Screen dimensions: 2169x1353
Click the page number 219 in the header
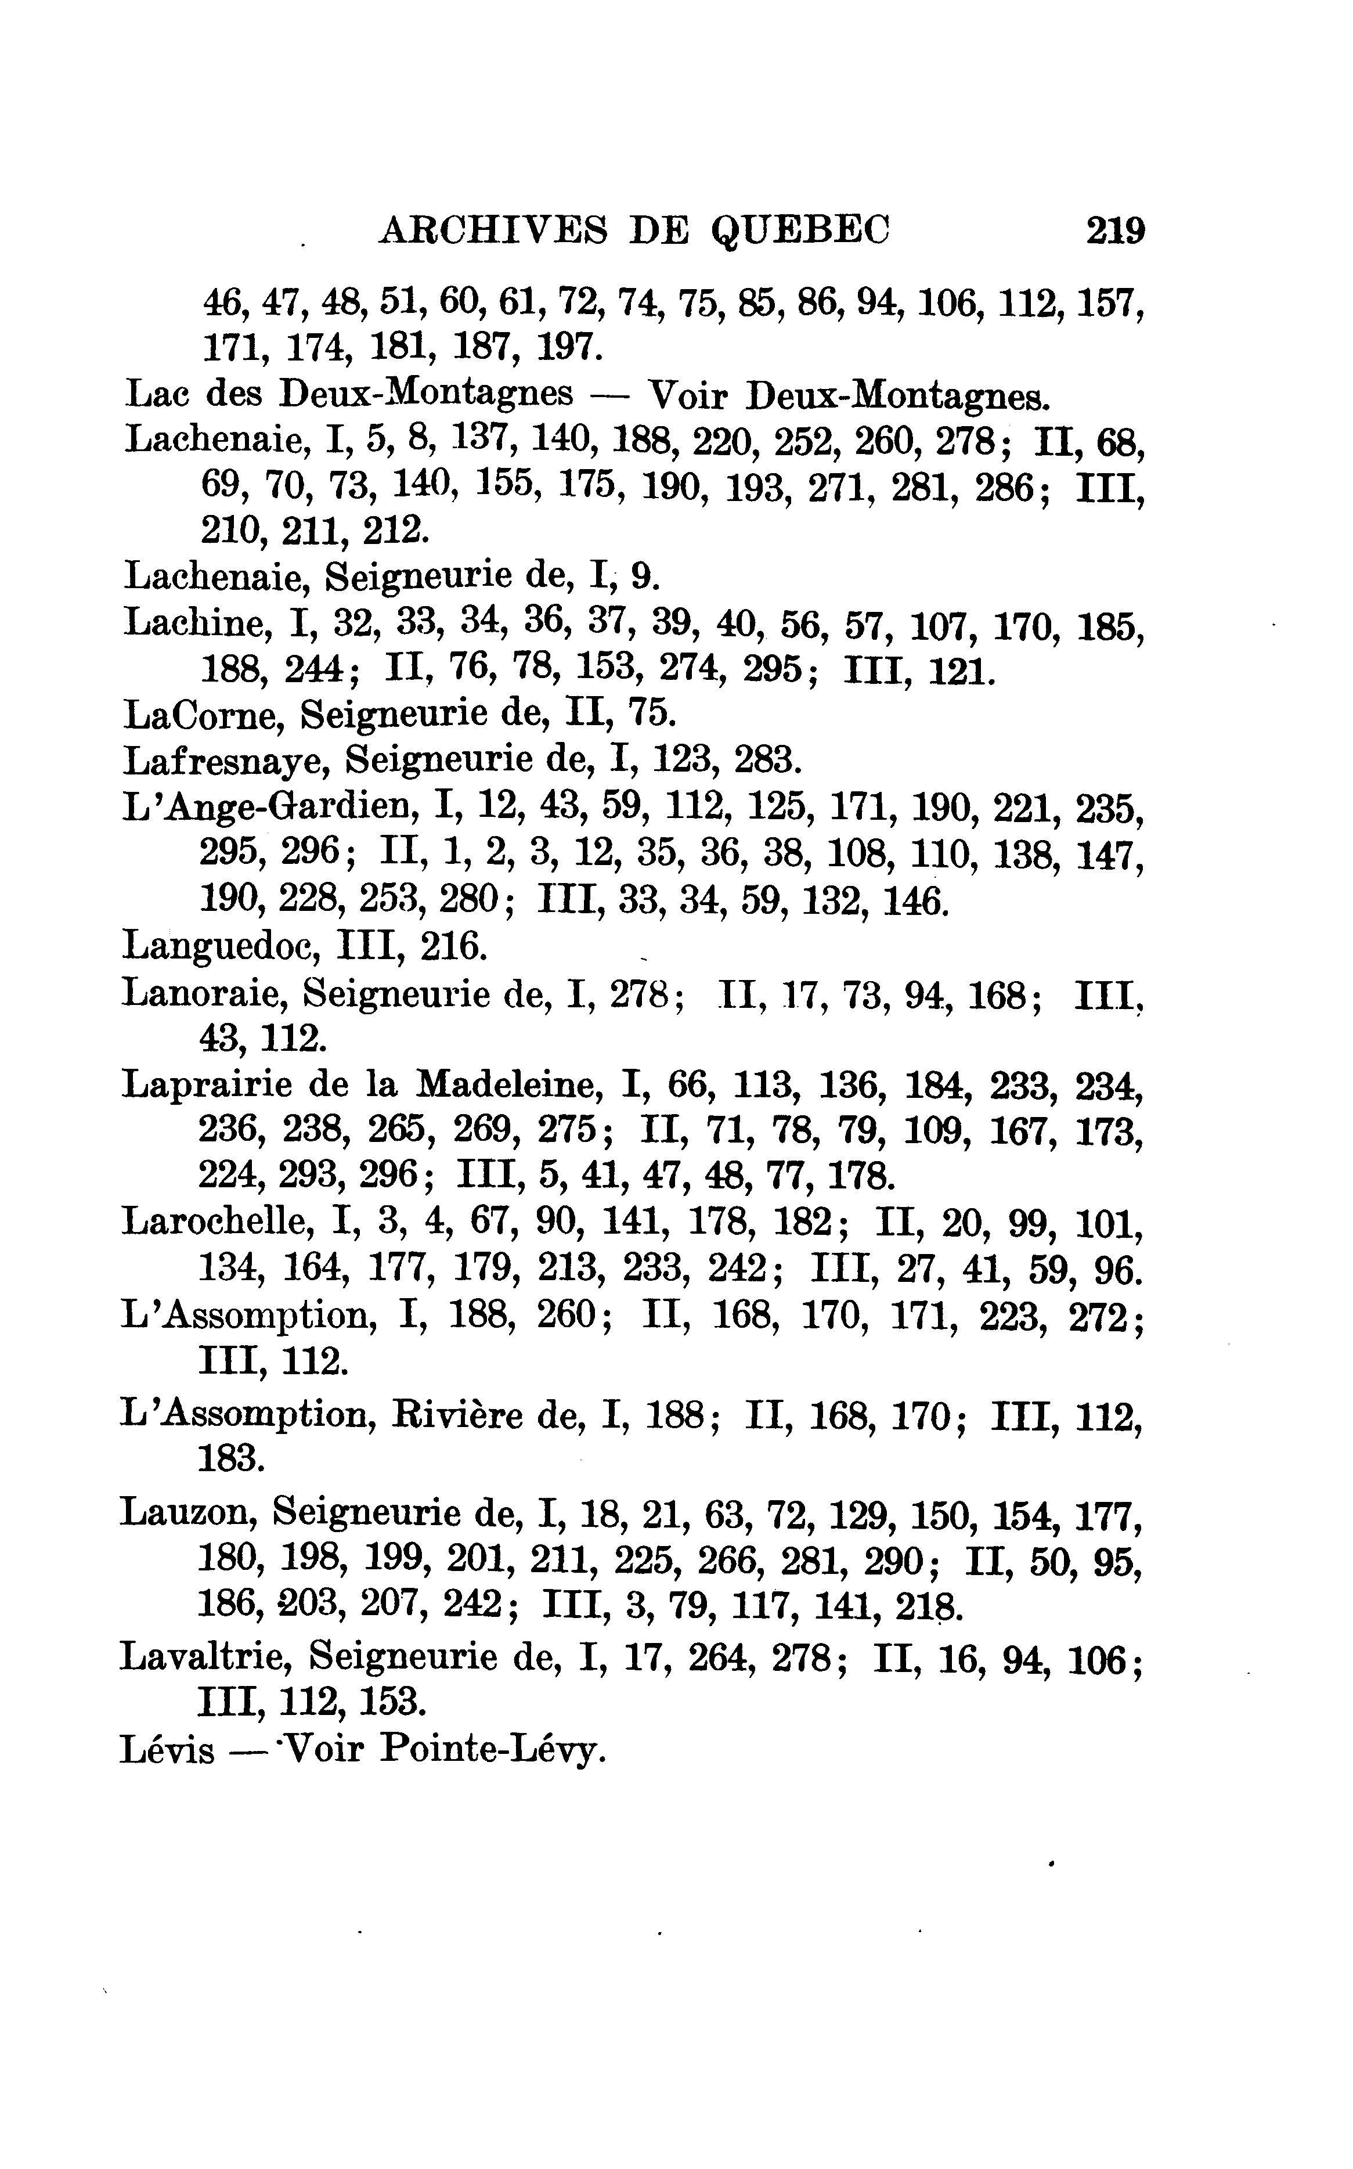(x=1115, y=232)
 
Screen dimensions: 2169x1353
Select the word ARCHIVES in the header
(x=493, y=232)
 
